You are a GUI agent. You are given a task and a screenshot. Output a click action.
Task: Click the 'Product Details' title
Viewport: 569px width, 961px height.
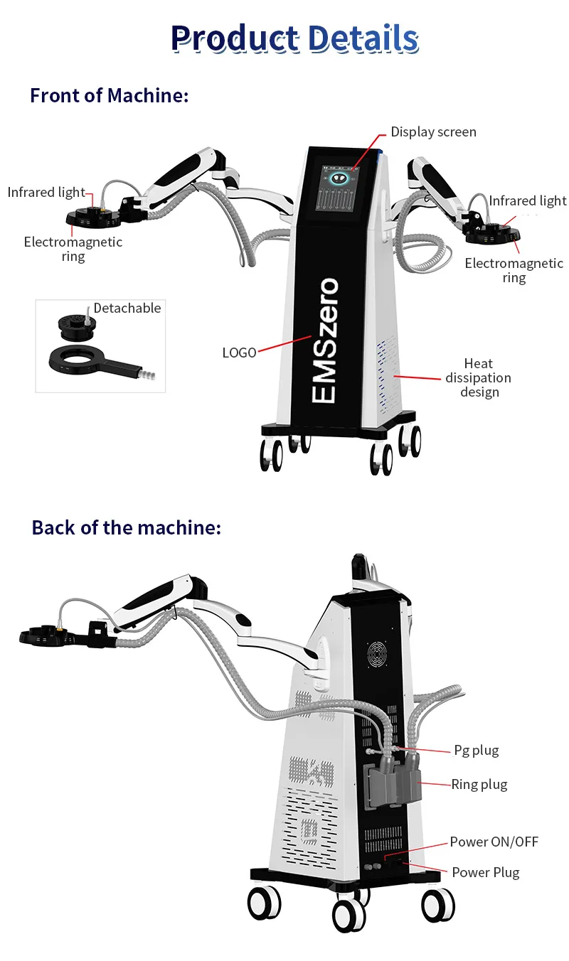(294, 38)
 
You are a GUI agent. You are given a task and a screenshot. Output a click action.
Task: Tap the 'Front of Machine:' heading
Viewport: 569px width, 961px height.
(110, 95)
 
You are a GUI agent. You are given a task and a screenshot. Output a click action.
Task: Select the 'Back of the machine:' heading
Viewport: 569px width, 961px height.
(127, 527)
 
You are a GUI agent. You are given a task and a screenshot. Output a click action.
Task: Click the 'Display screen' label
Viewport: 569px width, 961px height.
(433, 132)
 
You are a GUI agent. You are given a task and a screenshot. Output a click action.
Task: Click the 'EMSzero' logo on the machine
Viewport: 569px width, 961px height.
(325, 341)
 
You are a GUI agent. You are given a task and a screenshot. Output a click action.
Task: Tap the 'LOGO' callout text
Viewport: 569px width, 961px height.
(239, 353)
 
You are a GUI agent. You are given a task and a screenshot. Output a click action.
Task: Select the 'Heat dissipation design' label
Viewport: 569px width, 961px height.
(479, 378)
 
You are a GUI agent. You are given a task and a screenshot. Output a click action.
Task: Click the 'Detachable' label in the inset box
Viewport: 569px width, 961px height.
(127, 308)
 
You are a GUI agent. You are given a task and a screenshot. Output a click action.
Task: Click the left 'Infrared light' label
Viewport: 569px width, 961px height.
(46, 193)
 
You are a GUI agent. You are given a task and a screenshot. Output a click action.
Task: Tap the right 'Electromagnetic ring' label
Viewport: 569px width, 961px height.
(514, 270)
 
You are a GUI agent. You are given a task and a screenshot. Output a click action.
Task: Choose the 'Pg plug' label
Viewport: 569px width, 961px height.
(476, 751)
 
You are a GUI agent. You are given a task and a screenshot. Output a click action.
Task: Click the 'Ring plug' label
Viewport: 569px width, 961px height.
(479, 785)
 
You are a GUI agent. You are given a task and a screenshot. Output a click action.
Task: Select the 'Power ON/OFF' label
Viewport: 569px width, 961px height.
(494, 842)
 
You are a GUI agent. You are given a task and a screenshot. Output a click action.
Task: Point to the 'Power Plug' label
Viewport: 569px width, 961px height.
(485, 872)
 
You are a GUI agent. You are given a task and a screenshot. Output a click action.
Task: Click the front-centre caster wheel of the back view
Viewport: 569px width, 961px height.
(349, 915)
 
